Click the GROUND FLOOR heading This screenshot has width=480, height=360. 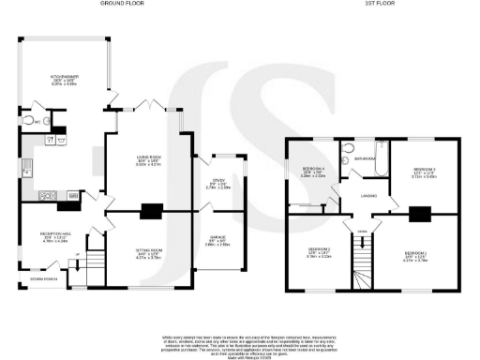click(119, 5)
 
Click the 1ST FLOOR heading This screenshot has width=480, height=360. click(378, 5)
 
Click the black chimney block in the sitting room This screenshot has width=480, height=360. click(149, 212)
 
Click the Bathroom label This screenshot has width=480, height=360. click(364, 159)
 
